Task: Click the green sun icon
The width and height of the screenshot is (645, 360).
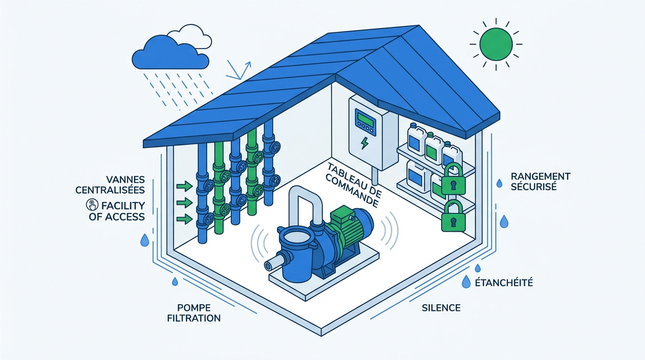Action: tap(496, 45)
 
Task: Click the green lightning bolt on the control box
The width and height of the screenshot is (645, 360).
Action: tap(365, 143)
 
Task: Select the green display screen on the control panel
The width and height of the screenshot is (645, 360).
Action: tap(366, 119)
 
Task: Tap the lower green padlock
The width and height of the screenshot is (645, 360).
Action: tap(454, 216)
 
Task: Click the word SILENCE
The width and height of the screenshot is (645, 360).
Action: tap(441, 308)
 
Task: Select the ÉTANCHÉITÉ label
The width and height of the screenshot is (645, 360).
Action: tap(504, 283)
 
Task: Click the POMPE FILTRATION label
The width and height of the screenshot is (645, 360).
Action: tap(194, 313)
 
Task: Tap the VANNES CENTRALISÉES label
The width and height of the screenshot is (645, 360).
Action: tap(110, 185)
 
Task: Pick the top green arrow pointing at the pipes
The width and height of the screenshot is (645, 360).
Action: tap(185, 186)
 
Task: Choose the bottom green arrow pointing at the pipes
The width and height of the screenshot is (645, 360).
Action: tap(185, 219)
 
